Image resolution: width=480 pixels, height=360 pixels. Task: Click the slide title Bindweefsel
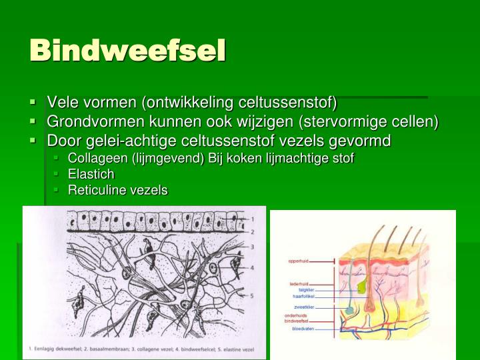127,50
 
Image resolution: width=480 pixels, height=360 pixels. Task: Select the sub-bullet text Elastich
91,174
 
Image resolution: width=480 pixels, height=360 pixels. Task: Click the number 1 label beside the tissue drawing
252,218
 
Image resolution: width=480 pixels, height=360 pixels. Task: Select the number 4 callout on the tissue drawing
252,268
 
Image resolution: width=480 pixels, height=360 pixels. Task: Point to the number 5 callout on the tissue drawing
252,295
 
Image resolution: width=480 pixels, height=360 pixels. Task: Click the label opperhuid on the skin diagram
301,261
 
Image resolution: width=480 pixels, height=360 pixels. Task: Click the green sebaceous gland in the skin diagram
361,285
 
